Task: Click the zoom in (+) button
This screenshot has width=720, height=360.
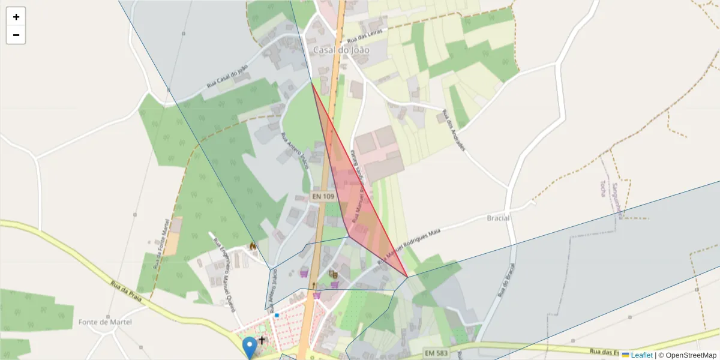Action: [16, 17]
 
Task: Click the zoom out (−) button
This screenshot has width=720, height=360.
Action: [16, 35]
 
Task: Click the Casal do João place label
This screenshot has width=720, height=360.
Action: [341, 50]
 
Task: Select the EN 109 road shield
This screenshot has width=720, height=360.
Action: [323, 196]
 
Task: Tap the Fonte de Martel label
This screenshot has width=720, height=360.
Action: [105, 322]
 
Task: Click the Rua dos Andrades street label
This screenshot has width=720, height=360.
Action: [454, 130]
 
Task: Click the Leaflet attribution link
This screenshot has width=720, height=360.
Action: [641, 355]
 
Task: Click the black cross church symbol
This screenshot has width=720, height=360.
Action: [262, 340]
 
